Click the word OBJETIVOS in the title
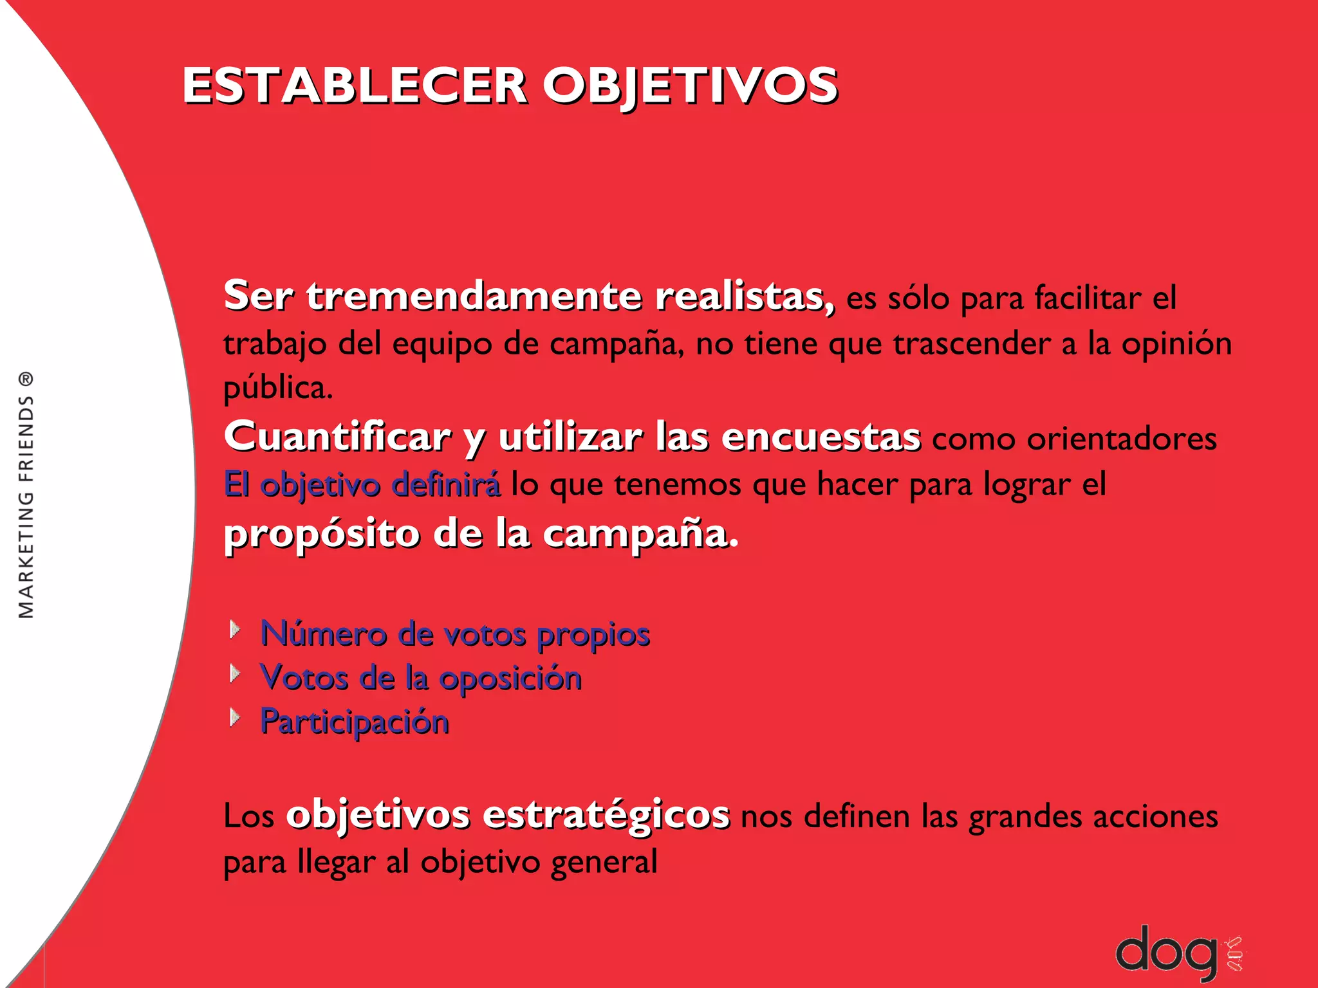point(691,86)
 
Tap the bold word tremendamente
point(474,297)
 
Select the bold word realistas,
point(745,297)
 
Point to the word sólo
point(918,299)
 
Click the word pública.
point(278,389)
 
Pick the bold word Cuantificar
point(337,437)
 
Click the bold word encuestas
point(821,437)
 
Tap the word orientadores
point(1121,439)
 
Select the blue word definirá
point(446,484)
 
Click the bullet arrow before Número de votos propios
point(236,629)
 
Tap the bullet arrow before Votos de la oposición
point(236,673)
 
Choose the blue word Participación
point(355,722)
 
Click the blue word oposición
point(510,679)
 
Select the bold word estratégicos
point(606,815)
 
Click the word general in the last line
point(604,863)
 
